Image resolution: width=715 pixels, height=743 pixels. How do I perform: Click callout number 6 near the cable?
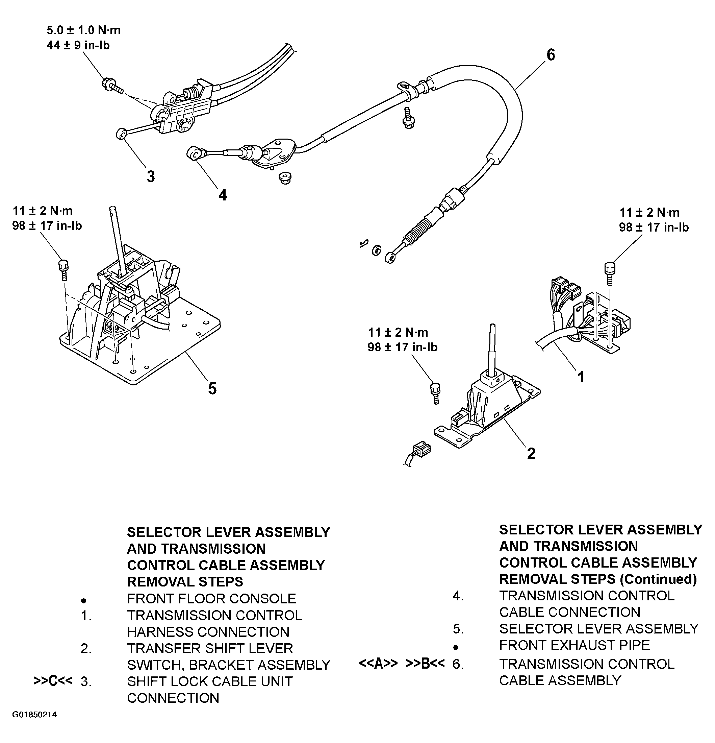point(551,55)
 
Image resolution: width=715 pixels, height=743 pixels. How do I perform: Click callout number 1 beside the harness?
point(581,377)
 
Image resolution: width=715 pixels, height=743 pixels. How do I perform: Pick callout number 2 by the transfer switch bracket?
point(531,453)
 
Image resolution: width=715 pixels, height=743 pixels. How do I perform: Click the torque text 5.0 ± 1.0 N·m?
point(84,30)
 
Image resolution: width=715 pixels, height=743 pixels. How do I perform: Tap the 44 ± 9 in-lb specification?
point(78,46)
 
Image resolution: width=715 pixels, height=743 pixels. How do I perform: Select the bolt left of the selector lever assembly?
point(63,269)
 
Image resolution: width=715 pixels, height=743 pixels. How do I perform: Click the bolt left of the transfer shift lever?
point(435,393)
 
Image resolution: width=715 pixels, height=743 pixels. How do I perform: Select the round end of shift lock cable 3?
point(121,134)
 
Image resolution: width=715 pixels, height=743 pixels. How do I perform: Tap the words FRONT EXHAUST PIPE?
point(574,645)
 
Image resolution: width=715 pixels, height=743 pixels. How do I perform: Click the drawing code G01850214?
point(34,715)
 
